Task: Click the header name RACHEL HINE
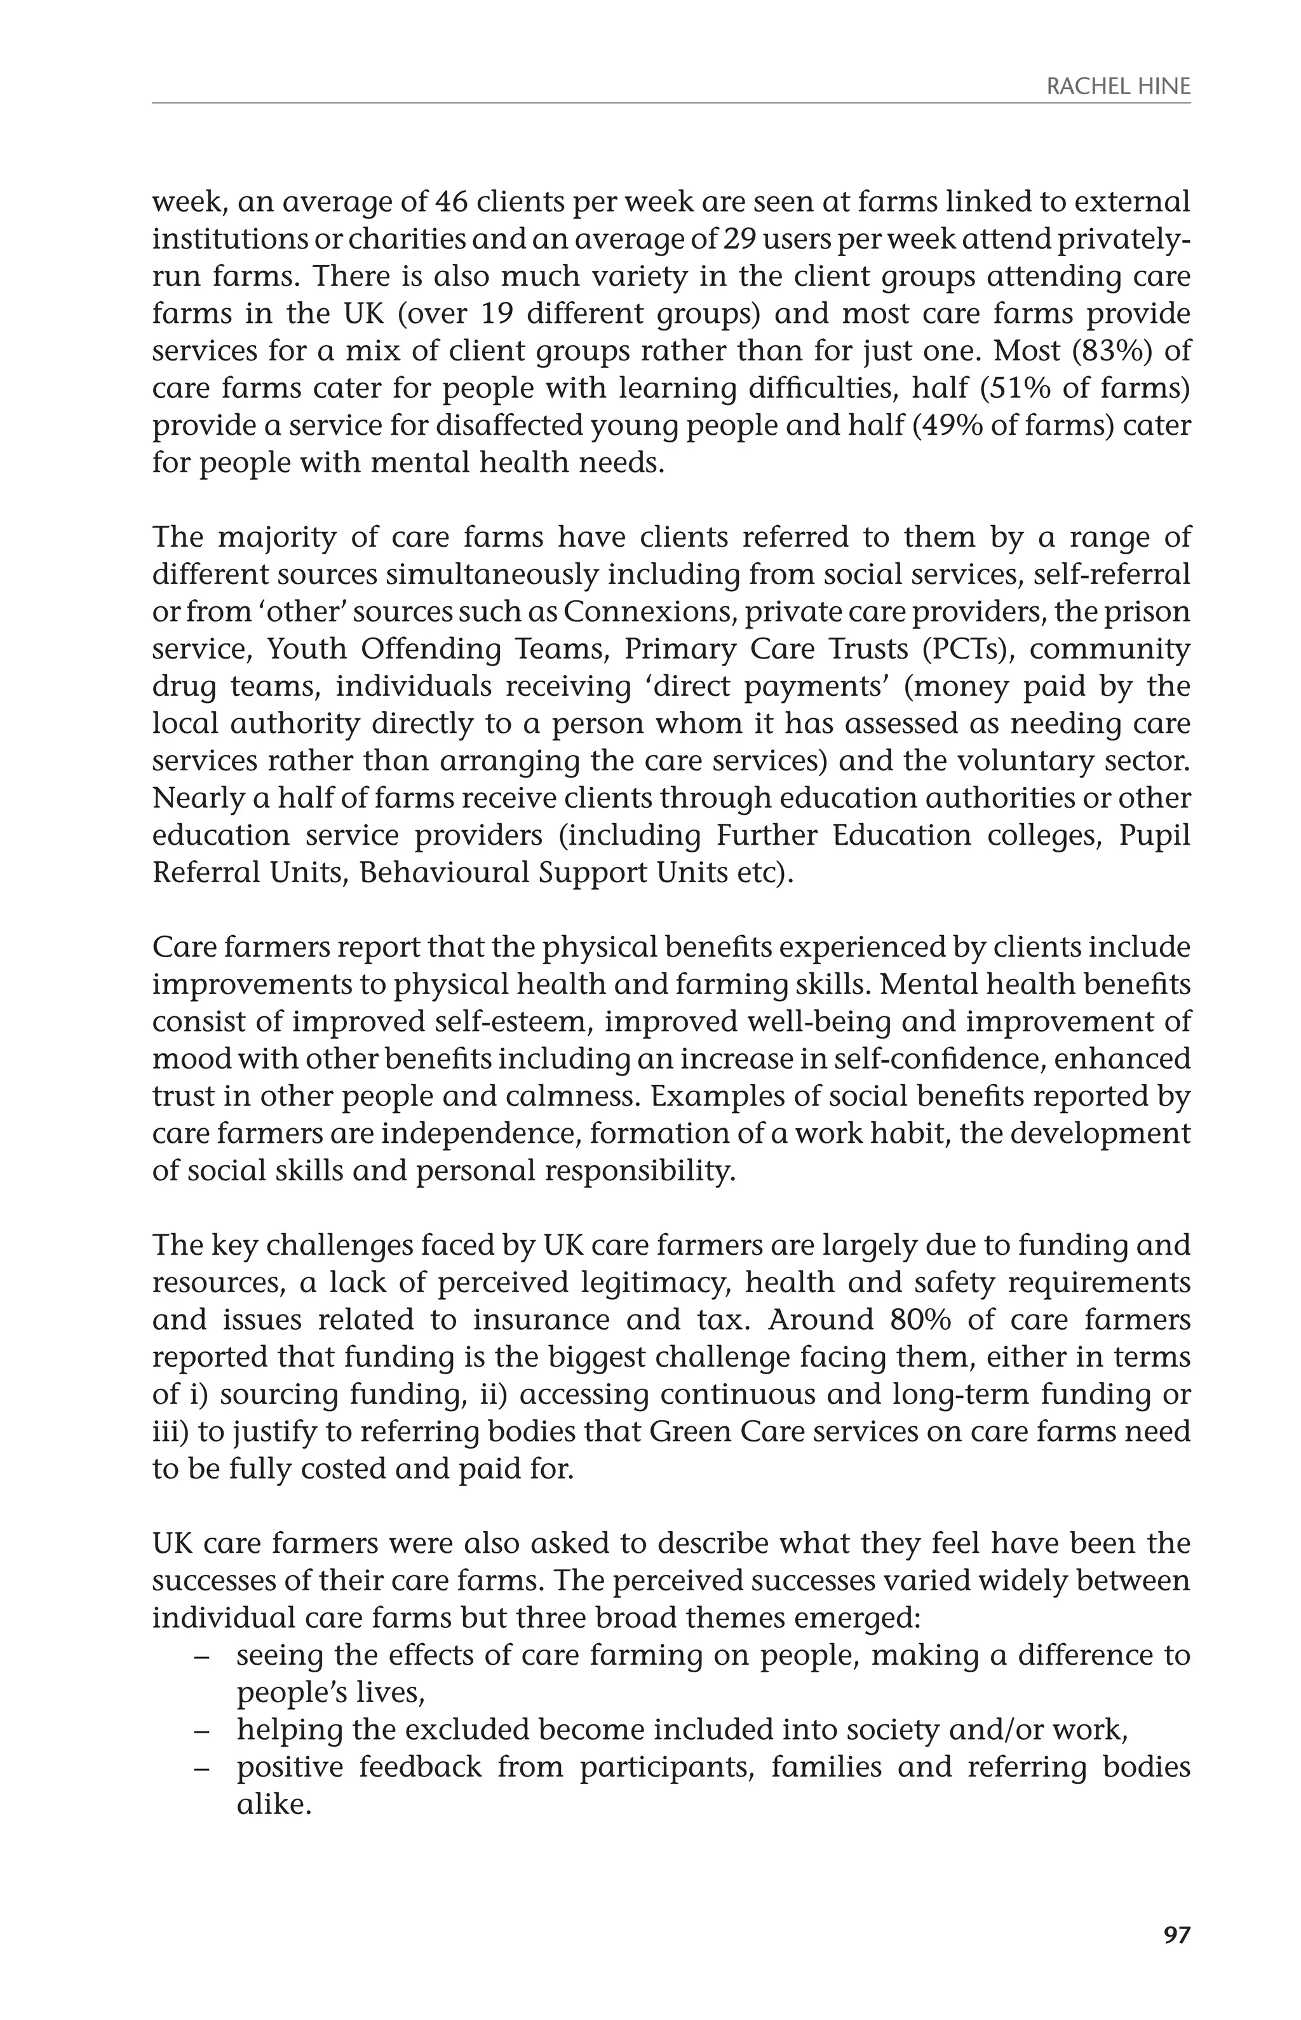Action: point(1117,86)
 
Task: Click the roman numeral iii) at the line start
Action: point(174,1431)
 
